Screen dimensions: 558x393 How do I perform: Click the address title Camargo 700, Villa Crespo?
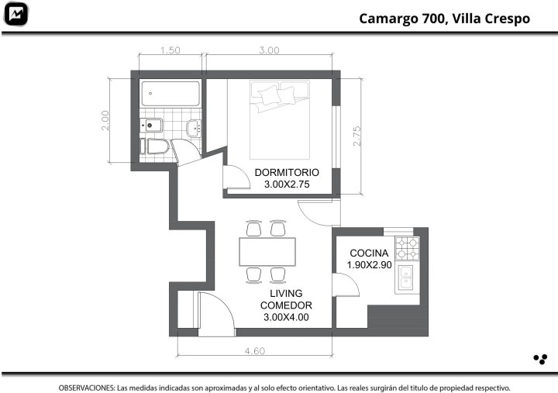445,19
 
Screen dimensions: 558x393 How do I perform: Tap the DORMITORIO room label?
287,172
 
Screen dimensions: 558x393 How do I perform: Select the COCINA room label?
369,253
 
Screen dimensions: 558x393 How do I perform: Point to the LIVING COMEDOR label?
286,299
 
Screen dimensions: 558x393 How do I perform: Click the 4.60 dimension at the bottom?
255,351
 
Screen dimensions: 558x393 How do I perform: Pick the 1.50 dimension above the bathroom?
170,50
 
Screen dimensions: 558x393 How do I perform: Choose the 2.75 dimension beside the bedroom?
357,136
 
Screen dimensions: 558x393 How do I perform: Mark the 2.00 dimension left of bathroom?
105,120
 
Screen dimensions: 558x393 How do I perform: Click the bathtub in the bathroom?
170,94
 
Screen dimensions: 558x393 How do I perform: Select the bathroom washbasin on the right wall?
194,128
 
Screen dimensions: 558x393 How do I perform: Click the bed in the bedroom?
280,120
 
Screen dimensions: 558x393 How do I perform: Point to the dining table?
267,252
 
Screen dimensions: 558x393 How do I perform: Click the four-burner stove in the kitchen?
408,248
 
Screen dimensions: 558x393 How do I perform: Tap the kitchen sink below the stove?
405,278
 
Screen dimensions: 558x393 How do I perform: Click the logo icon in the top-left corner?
15,14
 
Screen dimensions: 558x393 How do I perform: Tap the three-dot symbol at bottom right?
540,360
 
